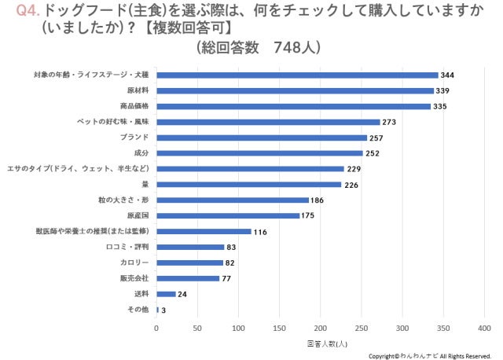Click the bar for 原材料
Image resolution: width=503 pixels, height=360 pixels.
pos(295,90)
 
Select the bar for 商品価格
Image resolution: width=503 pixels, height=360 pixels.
pos(293,106)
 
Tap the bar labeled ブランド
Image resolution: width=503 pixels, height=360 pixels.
pos(262,138)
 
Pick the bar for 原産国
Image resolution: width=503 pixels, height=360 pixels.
pos(228,215)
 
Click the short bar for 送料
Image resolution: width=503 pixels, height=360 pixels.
pos(166,294)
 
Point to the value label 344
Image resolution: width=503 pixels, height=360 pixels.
pos(448,75)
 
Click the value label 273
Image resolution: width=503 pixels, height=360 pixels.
pos(390,122)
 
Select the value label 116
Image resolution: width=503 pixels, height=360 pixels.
pos(261,232)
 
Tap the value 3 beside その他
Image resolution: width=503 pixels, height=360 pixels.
pos(164,310)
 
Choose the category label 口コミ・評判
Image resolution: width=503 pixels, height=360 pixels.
pos(127,247)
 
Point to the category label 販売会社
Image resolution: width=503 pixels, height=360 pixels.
pos(132,278)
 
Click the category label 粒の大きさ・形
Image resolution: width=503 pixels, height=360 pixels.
pos(127,200)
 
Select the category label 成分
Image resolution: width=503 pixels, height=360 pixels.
pos(141,152)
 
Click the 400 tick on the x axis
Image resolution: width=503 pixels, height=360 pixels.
pos(485,328)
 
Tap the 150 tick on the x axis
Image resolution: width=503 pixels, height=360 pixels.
pos(280,328)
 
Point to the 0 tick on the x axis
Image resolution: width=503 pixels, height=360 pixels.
pos(156,328)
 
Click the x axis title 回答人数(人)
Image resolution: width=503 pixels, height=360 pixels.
pos(327,344)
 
